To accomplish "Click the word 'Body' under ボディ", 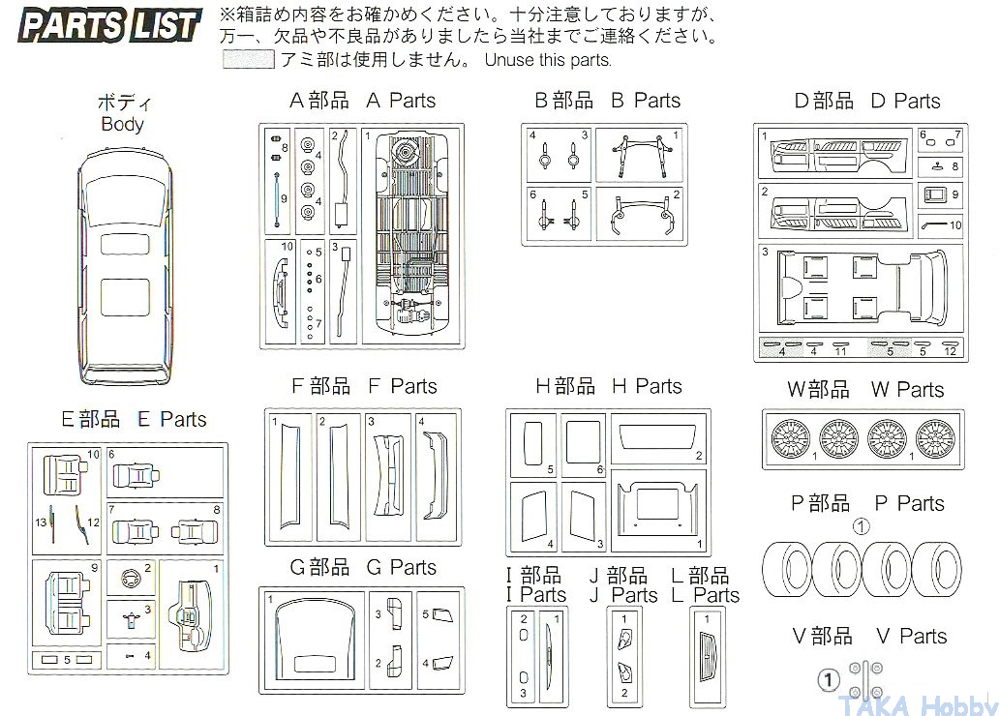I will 122,124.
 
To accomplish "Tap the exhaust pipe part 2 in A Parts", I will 341,179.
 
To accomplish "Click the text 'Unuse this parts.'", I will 548,60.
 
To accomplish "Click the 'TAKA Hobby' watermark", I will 916,703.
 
